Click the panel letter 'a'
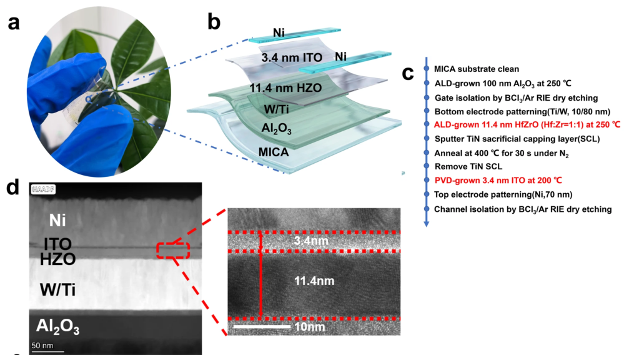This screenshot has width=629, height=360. (x=13, y=23)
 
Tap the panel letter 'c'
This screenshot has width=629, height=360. (x=407, y=73)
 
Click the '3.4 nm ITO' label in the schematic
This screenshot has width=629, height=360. (x=292, y=57)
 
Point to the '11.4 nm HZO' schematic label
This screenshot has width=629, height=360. (x=285, y=88)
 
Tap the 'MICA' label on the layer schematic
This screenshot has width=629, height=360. (x=274, y=152)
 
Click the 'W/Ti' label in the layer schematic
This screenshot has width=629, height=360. (x=276, y=109)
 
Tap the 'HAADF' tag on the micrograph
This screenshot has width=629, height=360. (x=43, y=189)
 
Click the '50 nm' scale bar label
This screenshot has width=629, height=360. (x=42, y=345)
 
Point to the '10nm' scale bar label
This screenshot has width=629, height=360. (x=309, y=327)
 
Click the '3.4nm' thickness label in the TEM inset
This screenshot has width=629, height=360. (x=311, y=241)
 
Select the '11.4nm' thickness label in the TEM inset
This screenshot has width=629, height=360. (x=314, y=281)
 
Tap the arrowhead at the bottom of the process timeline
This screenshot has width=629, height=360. (x=427, y=224)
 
